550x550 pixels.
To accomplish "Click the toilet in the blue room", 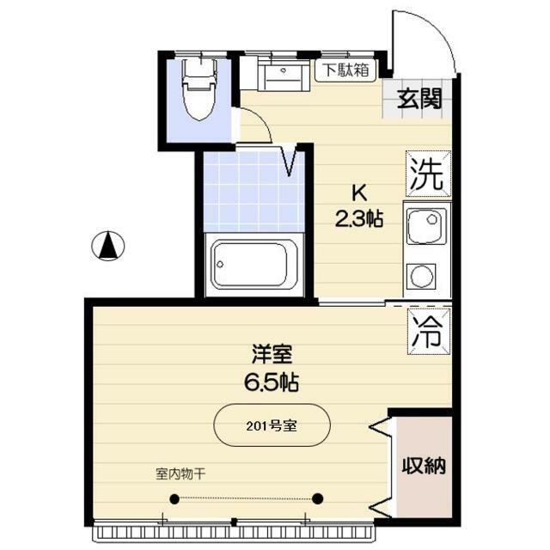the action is (199, 89).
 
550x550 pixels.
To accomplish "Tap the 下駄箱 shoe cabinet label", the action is (345, 70).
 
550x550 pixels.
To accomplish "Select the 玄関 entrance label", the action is (419, 99).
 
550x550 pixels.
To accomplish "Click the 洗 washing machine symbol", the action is (428, 174).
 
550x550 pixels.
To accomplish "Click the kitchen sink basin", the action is (426, 225).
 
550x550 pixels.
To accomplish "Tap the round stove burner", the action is (421, 276).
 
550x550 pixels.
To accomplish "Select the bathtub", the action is (254, 265).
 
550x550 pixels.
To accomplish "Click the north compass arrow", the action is (108, 246).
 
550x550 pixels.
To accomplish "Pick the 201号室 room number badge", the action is (272, 425).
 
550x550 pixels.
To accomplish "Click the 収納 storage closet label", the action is (424, 466).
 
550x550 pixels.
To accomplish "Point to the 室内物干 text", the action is (180, 474).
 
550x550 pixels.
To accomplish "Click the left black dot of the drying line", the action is (174, 498).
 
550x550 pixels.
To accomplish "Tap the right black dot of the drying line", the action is (317, 498).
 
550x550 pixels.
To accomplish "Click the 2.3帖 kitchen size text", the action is (359, 219).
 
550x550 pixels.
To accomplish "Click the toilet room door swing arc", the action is (261, 119).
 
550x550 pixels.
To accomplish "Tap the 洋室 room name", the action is (272, 354).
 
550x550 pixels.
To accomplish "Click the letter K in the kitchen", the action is (359, 192).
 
